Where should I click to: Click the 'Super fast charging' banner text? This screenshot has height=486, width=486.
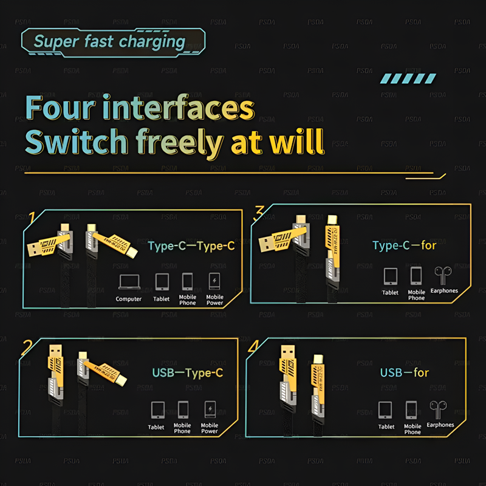point(109,41)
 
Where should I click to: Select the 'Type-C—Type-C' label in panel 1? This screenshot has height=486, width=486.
point(191,246)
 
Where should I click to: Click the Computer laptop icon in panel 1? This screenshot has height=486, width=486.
point(128,281)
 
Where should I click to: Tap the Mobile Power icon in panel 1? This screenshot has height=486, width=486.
point(214,281)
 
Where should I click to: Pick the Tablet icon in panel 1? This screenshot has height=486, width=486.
point(162,281)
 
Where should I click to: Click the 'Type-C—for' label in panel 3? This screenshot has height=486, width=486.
point(404,245)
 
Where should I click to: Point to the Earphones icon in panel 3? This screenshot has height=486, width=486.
point(443,275)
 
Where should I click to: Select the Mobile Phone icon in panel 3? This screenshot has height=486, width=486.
point(416,276)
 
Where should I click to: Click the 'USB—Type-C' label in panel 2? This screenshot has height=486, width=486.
point(187,372)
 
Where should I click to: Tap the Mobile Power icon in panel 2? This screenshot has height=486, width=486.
point(210,408)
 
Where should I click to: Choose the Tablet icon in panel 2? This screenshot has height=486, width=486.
point(157,409)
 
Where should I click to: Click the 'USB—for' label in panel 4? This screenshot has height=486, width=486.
point(404,372)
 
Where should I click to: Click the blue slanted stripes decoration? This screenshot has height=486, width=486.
point(408,78)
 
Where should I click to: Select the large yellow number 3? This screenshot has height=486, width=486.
point(259,212)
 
